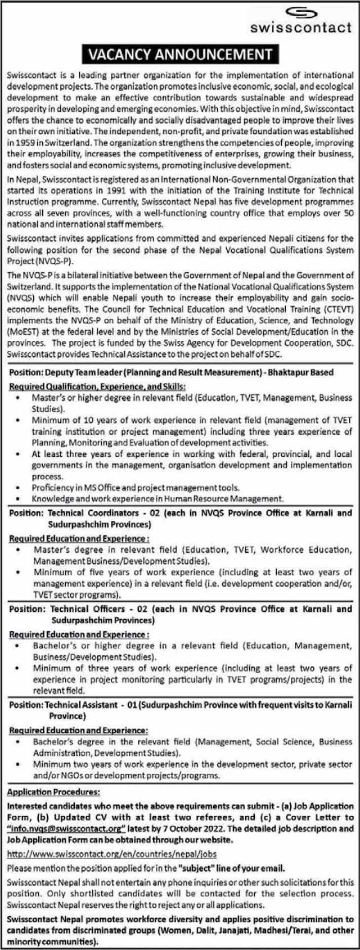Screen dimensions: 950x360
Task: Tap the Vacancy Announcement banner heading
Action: tap(179, 55)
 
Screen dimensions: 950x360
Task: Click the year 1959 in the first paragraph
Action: tap(20, 143)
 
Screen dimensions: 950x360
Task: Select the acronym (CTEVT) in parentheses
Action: tap(337, 309)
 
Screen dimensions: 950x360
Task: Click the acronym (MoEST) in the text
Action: tap(20, 332)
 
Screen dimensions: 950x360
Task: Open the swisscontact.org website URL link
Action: tap(112, 854)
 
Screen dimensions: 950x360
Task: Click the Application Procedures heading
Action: tap(53, 792)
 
